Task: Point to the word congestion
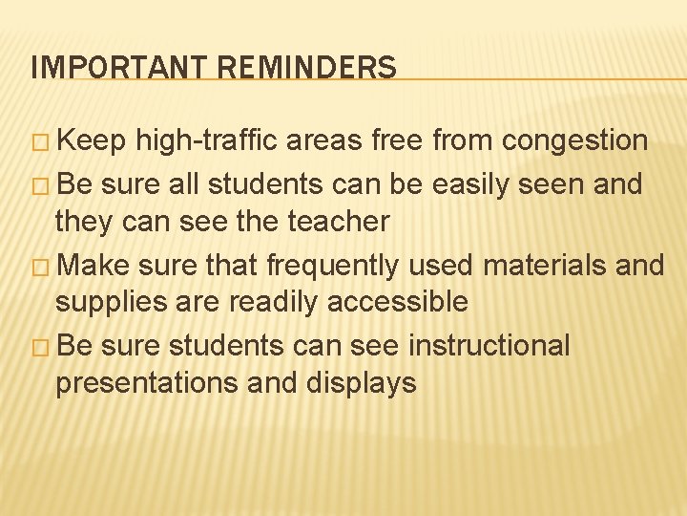pos(575,141)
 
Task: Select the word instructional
pos(489,344)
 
